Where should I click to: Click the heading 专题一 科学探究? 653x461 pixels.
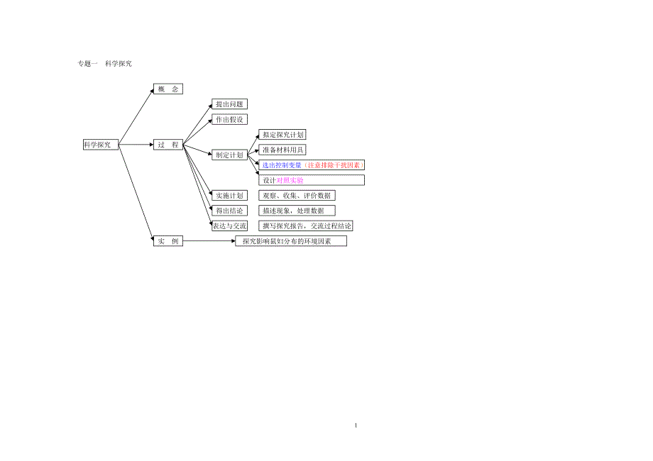click(104, 64)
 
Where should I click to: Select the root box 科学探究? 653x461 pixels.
click(100, 145)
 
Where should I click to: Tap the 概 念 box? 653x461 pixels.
click(168, 89)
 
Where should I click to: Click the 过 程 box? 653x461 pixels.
click(168, 145)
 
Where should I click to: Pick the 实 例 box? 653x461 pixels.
click(168, 241)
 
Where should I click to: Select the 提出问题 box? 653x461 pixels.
click(229, 104)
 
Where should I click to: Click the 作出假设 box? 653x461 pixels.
click(229, 119)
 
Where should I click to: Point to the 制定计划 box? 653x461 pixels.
click(229, 155)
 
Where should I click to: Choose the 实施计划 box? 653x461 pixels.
click(229, 195)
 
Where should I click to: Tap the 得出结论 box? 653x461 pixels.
click(229, 211)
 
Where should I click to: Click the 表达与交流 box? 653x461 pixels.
click(229, 226)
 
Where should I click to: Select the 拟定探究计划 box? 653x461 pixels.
click(282, 135)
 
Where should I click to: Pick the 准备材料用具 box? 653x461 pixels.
click(282, 150)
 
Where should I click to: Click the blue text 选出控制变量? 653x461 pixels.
click(282, 165)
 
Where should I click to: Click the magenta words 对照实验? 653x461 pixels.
click(290, 180)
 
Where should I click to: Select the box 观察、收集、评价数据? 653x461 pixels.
click(297, 195)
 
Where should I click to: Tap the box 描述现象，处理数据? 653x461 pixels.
click(297, 211)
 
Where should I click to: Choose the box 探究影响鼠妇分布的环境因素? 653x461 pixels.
click(291, 241)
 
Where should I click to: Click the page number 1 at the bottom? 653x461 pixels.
click(356, 426)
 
